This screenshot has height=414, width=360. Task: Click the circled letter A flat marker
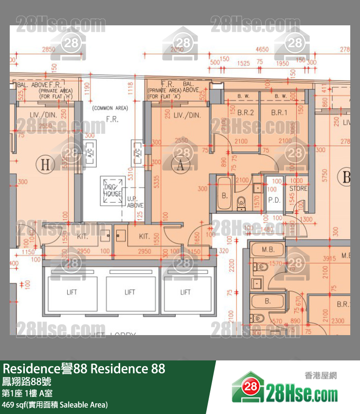(x=181, y=166)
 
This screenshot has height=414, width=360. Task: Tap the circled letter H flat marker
(x=45, y=165)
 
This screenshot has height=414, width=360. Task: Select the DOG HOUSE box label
(x=112, y=190)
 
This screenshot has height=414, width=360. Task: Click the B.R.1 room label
(x=279, y=113)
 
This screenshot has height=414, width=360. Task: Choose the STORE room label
(x=298, y=188)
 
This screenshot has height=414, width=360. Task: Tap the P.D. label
(x=274, y=200)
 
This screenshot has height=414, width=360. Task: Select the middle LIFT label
(x=129, y=292)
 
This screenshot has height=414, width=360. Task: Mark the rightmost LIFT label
(x=185, y=292)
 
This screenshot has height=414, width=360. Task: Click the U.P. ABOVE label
(x=134, y=202)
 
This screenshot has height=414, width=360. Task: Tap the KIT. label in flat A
(x=144, y=236)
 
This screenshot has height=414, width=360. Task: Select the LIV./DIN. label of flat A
(x=186, y=115)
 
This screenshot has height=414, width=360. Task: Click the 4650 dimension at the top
(x=262, y=49)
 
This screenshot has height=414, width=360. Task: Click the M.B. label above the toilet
(x=268, y=249)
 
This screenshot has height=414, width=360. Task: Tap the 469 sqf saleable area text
(x=54, y=405)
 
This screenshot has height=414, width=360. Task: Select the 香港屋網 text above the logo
(x=321, y=376)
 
